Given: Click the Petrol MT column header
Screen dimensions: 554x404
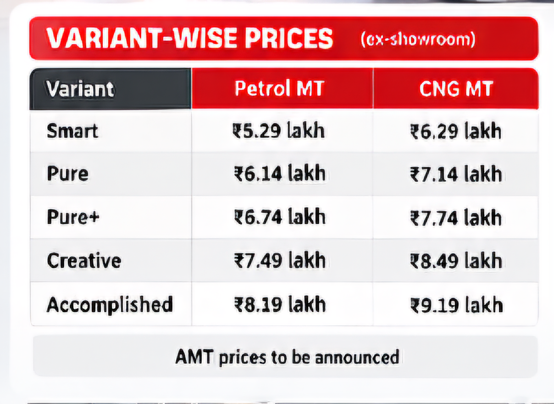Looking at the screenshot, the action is pyautogui.click(x=279, y=88).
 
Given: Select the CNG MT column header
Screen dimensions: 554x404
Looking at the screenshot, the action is pyautogui.click(x=456, y=89).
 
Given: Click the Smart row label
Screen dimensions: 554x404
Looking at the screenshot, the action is pyautogui.click(x=72, y=131).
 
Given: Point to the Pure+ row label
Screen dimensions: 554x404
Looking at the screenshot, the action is pyautogui.click(x=73, y=217).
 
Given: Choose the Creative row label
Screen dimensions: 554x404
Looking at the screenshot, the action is pyautogui.click(x=84, y=260).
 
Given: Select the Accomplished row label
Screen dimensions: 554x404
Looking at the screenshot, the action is pyautogui.click(x=110, y=305).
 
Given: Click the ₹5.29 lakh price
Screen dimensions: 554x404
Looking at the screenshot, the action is pyautogui.click(x=278, y=130).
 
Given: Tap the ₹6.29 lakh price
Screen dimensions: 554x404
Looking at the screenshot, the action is pyautogui.click(x=456, y=131).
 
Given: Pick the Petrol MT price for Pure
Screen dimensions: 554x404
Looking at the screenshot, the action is pyautogui.click(x=279, y=173).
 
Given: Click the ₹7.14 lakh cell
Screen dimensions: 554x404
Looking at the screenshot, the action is pyautogui.click(x=456, y=174).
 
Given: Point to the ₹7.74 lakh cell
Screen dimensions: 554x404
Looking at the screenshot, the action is pyautogui.click(x=456, y=217).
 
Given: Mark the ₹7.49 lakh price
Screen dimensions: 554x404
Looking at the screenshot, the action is pyautogui.click(x=280, y=260).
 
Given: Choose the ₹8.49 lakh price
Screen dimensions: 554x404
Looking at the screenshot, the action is pyautogui.click(x=456, y=261).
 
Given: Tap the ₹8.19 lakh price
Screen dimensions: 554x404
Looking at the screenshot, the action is pyautogui.click(x=280, y=304).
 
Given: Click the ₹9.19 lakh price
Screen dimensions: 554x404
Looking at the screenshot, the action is pyautogui.click(x=457, y=305).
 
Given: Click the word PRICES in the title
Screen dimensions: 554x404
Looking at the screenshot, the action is pyautogui.click(x=288, y=38).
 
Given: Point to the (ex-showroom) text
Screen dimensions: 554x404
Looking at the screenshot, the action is pyautogui.click(x=418, y=39).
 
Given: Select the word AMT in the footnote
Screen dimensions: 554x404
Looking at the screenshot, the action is pyautogui.click(x=194, y=357).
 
